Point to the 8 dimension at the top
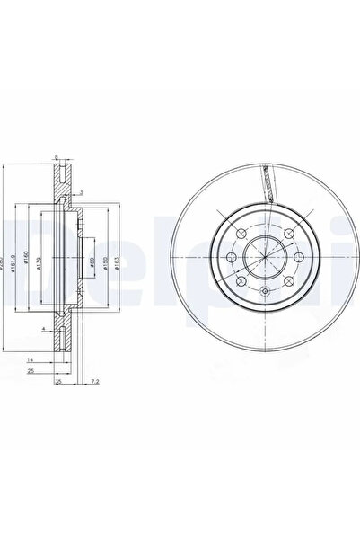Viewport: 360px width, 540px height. (57, 158)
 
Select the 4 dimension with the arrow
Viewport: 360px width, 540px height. (42, 331)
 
